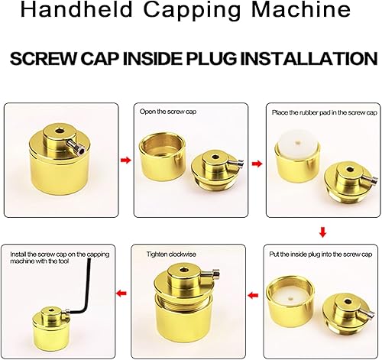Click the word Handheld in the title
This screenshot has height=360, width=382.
[x=76, y=10]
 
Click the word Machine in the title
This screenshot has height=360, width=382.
[x=301, y=10]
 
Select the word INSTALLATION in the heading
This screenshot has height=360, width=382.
[x=309, y=59]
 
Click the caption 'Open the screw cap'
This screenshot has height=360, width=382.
[x=168, y=112]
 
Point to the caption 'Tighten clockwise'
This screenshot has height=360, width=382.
[x=171, y=255]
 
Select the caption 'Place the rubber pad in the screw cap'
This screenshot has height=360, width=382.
[x=324, y=112]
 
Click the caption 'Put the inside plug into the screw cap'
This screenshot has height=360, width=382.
[x=321, y=255]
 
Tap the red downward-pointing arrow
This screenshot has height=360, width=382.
[x=322, y=232]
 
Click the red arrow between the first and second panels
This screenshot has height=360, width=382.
[x=126, y=161]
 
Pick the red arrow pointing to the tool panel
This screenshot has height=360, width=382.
[x=121, y=293]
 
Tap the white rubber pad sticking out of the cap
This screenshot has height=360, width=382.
[x=298, y=144]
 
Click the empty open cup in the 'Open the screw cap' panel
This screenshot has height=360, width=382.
[x=163, y=157]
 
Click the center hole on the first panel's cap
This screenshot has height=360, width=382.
[x=60, y=131]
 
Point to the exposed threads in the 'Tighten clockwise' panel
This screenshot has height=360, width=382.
[x=183, y=300]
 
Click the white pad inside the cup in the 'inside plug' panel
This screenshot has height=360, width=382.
[x=290, y=297]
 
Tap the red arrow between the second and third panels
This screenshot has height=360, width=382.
[x=257, y=164]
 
